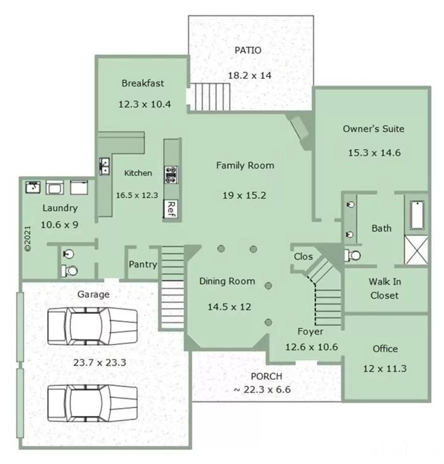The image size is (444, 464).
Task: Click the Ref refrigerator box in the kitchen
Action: [170, 209]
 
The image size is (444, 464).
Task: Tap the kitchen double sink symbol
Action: [104, 166]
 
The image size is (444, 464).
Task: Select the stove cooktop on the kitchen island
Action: [170, 175]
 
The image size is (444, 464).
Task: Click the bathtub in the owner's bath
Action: [417, 215]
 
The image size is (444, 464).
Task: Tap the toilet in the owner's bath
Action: [353, 256]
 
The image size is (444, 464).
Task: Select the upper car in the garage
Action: [92, 326]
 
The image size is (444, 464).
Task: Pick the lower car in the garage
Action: [92, 403]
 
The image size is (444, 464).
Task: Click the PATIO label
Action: [248, 50]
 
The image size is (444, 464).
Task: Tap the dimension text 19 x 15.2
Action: [244, 195]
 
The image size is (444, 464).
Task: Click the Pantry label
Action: [143, 265]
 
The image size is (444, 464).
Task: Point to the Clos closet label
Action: [303, 256]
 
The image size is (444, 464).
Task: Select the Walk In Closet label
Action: [384, 289]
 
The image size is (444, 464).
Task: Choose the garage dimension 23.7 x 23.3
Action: [99, 362]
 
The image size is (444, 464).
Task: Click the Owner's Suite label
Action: [373, 128]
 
